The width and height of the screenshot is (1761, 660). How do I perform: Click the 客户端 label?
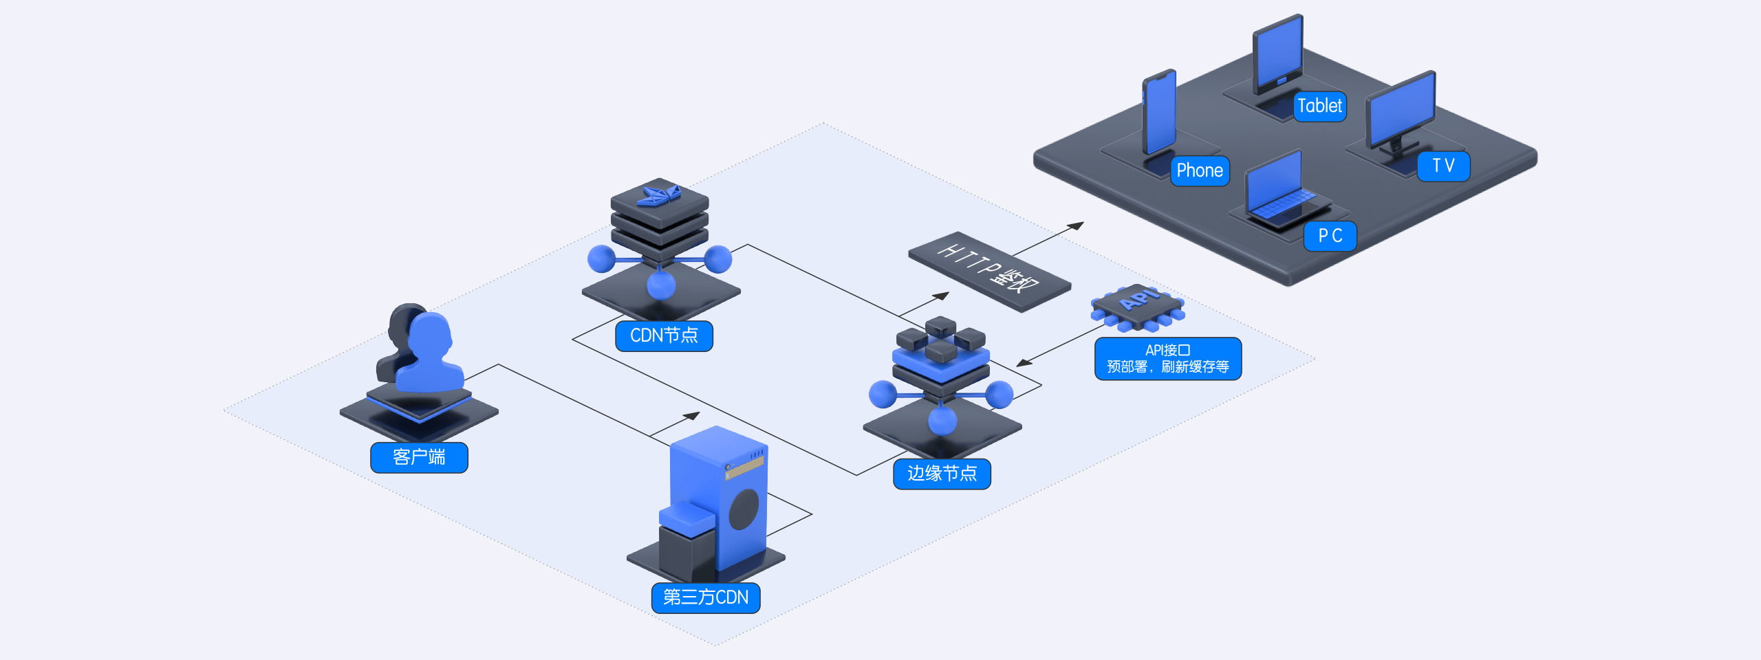419,457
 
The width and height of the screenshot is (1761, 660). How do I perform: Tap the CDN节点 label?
664,335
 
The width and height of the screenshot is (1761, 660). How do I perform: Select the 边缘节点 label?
942,474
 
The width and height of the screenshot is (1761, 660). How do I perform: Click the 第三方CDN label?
706,597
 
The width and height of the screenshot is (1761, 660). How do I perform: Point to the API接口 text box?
1168,358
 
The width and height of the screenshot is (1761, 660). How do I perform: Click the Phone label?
1200,170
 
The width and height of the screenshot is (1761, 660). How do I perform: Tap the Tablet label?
1319,106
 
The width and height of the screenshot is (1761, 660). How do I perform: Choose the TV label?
1443,166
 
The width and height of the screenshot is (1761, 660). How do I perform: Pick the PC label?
1330,236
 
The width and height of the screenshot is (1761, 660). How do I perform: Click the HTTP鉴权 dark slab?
989,271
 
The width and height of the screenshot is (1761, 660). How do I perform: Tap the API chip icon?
1138,305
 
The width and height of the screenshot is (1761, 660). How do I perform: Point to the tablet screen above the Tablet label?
1278,51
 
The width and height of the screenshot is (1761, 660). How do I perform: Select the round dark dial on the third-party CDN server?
744,509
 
